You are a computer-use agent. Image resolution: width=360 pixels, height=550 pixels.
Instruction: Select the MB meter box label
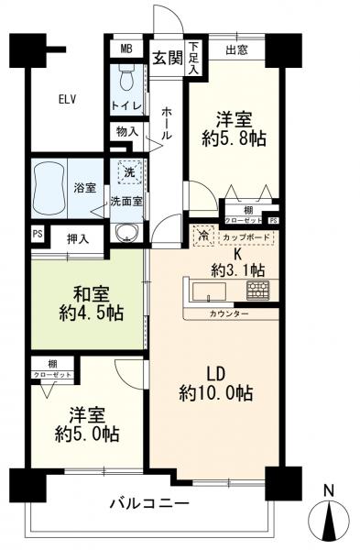pos(127,49)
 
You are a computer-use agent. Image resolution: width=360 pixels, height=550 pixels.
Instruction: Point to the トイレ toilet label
pos(126,106)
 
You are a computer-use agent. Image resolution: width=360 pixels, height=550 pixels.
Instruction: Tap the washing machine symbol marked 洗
pos(127,172)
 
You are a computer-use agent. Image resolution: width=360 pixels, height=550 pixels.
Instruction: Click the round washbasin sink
pos(127,231)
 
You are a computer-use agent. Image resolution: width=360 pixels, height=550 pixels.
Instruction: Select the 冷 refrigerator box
pos(201,236)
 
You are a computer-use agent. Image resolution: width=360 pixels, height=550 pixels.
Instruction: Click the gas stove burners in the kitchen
pos(257,291)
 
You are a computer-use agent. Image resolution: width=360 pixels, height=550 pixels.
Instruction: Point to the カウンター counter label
pos(228,313)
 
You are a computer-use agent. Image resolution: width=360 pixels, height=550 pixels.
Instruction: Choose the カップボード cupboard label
pos(246,236)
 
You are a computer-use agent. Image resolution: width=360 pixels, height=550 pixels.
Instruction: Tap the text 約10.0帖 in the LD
pos(216,393)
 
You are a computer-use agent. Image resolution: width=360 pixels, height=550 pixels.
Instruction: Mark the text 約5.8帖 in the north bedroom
pos(233,140)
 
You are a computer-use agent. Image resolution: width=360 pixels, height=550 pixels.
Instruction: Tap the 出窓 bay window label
pos(237,49)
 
